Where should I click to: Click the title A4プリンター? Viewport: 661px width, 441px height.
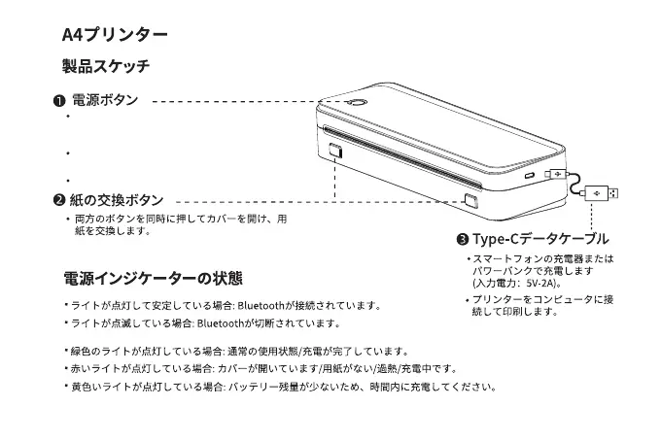[x=115, y=35]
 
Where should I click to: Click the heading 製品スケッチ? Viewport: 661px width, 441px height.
[x=105, y=67]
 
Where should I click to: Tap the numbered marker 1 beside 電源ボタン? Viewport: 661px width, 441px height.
[x=59, y=101]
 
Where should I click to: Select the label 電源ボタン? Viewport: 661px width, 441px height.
[x=105, y=100]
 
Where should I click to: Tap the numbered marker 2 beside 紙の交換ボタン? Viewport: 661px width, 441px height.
[x=59, y=200]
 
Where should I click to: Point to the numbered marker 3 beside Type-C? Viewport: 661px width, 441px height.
[x=463, y=239]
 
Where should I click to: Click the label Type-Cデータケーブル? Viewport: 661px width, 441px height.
[x=540, y=239]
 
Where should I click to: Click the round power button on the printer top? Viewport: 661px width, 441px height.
[x=356, y=103]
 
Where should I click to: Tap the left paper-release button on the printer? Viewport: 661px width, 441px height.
[x=334, y=153]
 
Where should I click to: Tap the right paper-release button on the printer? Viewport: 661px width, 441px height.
[x=471, y=200]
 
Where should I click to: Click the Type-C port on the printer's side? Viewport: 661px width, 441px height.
[x=530, y=177]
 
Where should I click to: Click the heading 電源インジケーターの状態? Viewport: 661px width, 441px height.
[x=153, y=279]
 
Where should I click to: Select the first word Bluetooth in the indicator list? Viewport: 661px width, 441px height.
[x=261, y=305]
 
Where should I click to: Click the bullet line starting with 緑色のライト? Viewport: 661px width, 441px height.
[x=238, y=351]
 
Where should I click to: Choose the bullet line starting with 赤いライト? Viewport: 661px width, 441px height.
[x=262, y=368]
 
